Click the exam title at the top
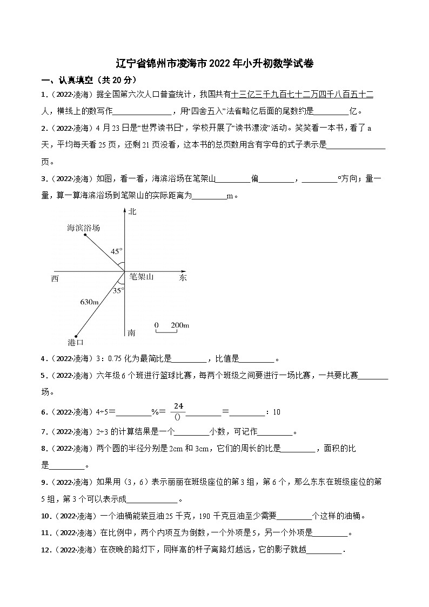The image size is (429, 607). [215, 63]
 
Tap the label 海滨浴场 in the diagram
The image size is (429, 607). [83, 228]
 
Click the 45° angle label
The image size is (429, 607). [116, 251]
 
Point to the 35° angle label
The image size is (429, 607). [118, 290]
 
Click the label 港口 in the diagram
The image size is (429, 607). [76, 342]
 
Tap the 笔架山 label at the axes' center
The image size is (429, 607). [142, 277]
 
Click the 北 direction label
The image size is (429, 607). [132, 211]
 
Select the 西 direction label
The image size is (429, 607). [55, 278]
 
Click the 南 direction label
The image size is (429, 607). [131, 332]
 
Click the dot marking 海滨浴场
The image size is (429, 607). [85, 235]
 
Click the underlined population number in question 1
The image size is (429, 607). [302, 95]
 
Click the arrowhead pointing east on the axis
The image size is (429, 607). [184, 270]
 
